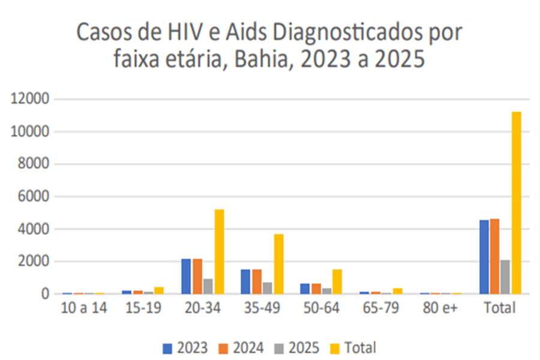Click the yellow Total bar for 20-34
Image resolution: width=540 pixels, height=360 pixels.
coord(220,251)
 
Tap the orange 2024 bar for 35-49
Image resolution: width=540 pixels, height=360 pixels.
coord(256,281)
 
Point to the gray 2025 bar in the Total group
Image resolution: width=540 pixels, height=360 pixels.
coord(505,277)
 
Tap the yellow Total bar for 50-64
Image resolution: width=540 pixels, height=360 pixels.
coord(337,281)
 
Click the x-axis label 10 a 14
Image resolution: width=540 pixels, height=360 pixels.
coord(84,309)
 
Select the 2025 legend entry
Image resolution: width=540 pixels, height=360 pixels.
coord(298,347)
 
